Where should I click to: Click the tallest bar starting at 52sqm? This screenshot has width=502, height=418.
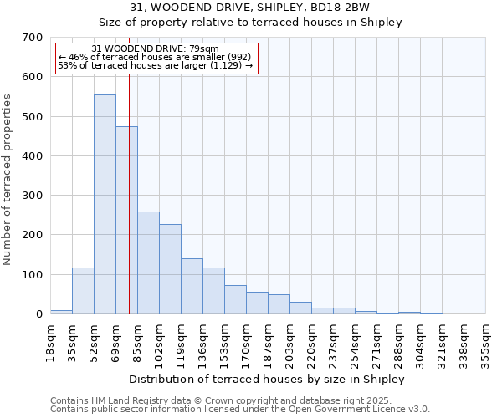click(x=105, y=205)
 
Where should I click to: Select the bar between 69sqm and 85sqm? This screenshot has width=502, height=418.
click(x=126, y=221)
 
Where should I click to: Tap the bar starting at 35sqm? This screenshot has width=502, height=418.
click(x=83, y=291)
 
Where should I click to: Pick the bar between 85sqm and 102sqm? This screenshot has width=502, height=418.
click(x=148, y=263)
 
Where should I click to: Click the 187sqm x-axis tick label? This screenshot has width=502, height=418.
click(x=268, y=342)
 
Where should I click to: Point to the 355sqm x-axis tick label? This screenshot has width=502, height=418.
click(x=485, y=342)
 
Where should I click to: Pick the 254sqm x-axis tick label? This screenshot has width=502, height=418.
click(x=355, y=342)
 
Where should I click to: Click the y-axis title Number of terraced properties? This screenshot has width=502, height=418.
click(x=8, y=179)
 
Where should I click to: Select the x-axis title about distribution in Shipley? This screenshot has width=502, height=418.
click(x=268, y=379)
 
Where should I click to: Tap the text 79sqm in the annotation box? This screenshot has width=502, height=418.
click(x=203, y=49)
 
